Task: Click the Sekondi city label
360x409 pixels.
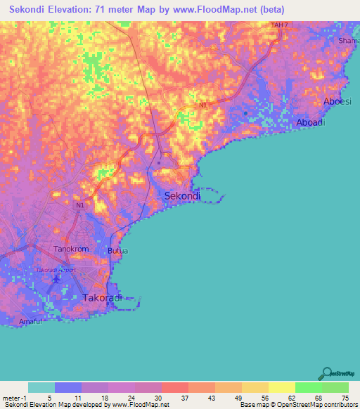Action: point(182,196)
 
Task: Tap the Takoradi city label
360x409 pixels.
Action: point(103,298)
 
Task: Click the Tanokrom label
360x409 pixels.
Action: point(72,249)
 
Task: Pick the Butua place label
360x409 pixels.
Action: point(117,250)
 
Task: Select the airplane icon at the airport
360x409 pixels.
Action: point(56,281)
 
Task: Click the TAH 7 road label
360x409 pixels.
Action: point(281,25)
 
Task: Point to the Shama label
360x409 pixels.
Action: point(349,41)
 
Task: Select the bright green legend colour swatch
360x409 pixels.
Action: point(308,387)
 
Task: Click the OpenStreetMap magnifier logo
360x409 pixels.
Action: point(326,374)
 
